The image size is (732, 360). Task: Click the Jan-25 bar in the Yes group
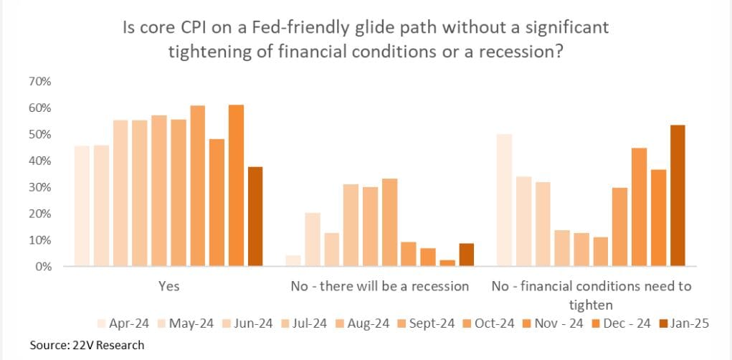[x=255, y=216]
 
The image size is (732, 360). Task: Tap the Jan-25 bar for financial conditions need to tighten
[x=677, y=195]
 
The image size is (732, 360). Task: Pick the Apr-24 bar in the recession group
[x=293, y=260]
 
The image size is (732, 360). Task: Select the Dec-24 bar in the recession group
[x=447, y=262]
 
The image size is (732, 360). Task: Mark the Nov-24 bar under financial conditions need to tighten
[x=638, y=207]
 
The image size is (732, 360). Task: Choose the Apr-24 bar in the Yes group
[x=82, y=206]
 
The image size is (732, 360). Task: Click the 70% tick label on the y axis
[x=40, y=82]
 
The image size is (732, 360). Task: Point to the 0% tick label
[x=43, y=267]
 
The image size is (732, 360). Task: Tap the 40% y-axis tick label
[x=40, y=161]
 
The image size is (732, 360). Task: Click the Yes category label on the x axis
[x=168, y=286]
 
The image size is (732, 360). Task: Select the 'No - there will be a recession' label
[x=379, y=286]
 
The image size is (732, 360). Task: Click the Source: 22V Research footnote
[x=87, y=345]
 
